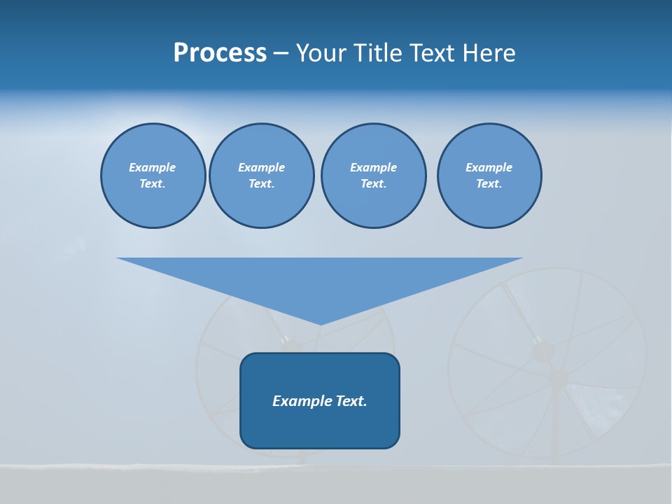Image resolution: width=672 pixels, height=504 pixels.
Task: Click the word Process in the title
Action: click(x=220, y=52)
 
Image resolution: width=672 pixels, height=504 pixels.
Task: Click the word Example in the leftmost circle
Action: click(x=153, y=167)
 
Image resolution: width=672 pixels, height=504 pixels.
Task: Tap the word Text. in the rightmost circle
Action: click(x=489, y=183)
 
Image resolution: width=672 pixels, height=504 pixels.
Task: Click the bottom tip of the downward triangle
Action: click(x=321, y=324)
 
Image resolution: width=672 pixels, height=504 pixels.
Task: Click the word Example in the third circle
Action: click(x=373, y=167)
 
